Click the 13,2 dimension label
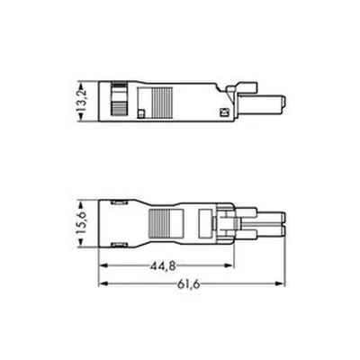coord(83,101)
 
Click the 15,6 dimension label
coord(82,223)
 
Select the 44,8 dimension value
coord(163,265)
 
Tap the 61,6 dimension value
coord(189,283)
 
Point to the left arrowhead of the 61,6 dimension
coord(103,283)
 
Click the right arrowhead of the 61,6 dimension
coord(280,283)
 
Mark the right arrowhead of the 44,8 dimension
coord(229,265)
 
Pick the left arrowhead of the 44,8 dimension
coord(103,265)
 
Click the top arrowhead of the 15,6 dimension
coord(80,206)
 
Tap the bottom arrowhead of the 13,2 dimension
coord(80,117)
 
